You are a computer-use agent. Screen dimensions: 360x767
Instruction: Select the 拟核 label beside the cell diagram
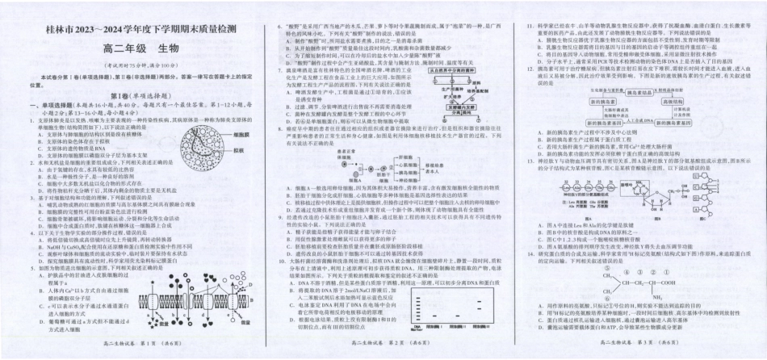pyautogui.click(x=237, y=150)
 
